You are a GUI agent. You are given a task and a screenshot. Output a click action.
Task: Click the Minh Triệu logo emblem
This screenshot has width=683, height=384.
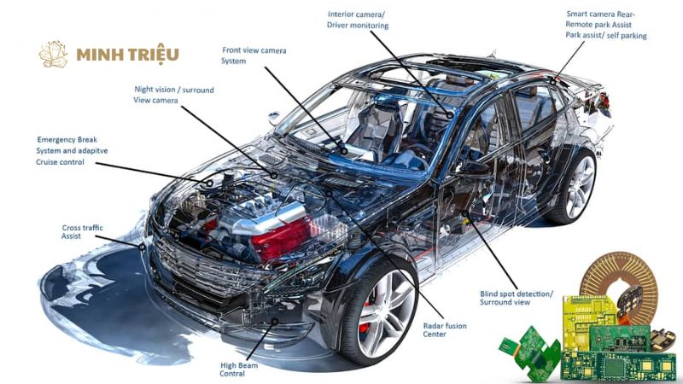click(x=53, y=55)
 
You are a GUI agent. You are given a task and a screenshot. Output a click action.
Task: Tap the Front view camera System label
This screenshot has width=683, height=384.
click(x=254, y=55)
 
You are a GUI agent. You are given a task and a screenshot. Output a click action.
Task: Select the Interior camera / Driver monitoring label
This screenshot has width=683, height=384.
click(x=358, y=20)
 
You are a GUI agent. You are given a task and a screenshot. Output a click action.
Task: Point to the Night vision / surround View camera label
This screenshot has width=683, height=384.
click(x=174, y=95)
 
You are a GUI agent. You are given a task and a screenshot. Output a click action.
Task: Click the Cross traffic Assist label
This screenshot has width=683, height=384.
click(x=82, y=231)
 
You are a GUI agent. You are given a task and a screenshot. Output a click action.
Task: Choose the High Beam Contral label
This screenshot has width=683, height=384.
click(x=239, y=369)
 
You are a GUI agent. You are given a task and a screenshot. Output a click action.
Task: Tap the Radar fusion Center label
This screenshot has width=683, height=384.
click(x=444, y=330)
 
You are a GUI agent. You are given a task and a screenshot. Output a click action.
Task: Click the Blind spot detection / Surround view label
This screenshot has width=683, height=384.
click(x=517, y=298)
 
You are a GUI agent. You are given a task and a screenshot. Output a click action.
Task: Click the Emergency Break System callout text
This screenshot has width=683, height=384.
click(x=72, y=151)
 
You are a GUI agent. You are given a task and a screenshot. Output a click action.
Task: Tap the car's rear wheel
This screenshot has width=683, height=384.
click(x=571, y=185)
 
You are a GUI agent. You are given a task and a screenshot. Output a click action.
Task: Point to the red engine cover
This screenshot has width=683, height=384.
click(x=281, y=239)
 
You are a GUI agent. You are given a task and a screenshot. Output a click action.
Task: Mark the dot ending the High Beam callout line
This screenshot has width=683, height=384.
click(x=275, y=322)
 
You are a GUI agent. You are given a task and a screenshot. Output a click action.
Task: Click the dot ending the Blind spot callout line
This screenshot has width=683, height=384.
click(x=464, y=213)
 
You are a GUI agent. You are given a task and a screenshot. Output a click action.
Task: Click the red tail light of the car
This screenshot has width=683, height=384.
click(x=604, y=101)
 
